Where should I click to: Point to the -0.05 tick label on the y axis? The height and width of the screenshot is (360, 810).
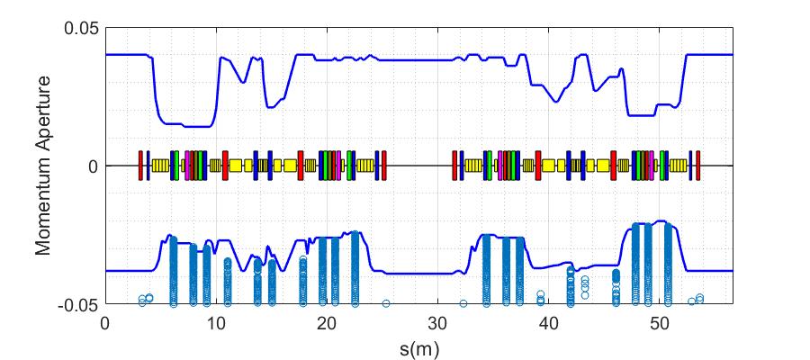tap(78, 304)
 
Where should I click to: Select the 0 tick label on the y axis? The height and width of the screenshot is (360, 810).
tap(92, 166)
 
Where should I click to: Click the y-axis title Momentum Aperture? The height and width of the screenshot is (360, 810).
tap(42, 166)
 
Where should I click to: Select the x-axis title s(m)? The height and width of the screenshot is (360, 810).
tap(418, 345)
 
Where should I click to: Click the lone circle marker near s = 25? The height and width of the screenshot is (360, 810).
tap(386, 303)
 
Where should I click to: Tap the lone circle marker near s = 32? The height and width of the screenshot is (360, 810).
tap(463, 303)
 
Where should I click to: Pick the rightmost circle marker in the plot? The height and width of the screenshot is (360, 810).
tap(699, 298)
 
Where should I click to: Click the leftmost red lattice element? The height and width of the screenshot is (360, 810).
tap(140, 166)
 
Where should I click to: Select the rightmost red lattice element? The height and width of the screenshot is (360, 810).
tap(697, 166)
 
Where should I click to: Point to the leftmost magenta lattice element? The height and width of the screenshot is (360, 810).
tap(187, 166)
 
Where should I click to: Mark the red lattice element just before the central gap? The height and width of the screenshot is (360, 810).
tap(383, 166)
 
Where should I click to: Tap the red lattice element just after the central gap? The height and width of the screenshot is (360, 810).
tap(454, 166)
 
